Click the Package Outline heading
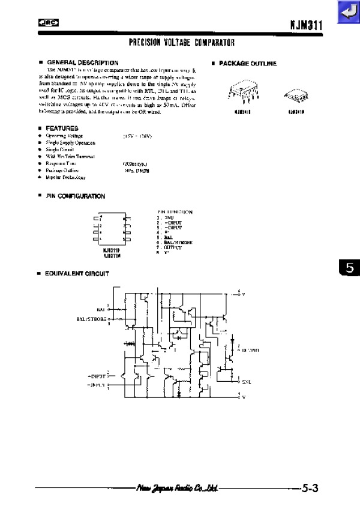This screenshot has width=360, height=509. [248, 64]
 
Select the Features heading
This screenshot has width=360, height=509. [62, 128]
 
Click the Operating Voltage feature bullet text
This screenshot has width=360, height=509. [64, 136]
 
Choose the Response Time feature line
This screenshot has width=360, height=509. [64, 163]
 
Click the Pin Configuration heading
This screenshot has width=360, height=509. [76, 196]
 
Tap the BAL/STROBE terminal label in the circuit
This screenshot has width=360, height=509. [91, 319]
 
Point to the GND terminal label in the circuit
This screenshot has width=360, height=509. [246, 381]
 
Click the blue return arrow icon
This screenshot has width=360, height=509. [347, 12]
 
